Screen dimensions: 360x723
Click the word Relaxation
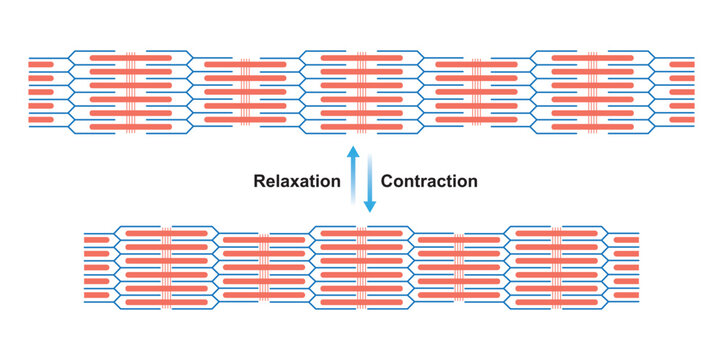tap(297, 181)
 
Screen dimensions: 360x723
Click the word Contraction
tap(429, 181)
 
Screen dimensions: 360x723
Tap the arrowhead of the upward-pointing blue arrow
tap(352, 150)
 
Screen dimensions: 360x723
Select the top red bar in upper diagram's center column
tap(361, 58)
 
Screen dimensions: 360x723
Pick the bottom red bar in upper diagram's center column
tap(361, 127)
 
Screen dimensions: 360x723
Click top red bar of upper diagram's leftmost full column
tap(130, 58)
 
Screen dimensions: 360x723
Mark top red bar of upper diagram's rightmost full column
tap(591, 58)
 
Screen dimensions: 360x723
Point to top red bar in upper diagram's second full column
tap(245, 65)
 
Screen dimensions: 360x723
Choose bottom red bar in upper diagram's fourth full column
tap(476, 120)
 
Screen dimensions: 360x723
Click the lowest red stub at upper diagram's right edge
tap(681, 120)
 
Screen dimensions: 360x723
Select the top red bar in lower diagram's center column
tap(361, 232)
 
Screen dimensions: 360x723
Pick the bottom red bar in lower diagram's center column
tap(361, 301)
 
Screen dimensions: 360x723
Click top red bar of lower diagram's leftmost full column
tap(166, 232)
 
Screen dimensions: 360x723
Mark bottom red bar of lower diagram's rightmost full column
tap(556, 301)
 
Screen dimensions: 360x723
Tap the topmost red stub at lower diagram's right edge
tap(626, 240)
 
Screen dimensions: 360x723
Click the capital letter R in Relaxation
tap(260, 181)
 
